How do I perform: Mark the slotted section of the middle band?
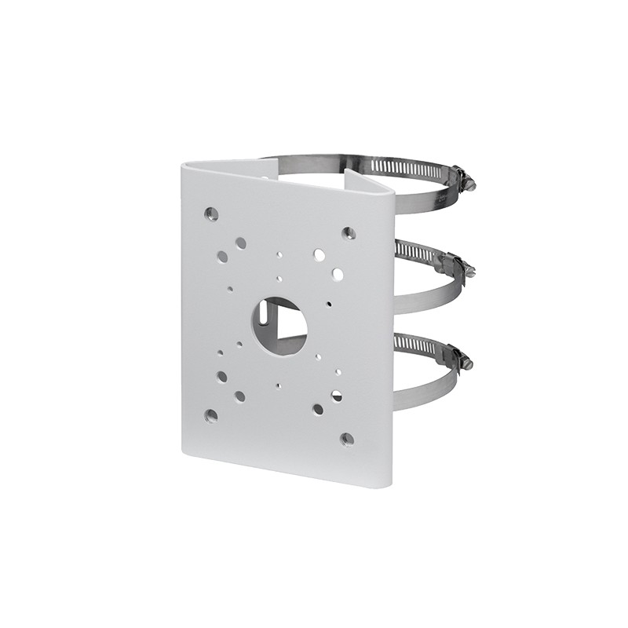tap(416, 254)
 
